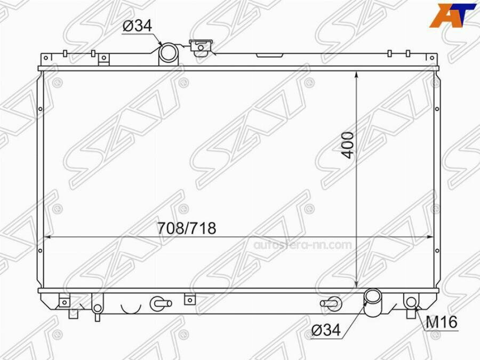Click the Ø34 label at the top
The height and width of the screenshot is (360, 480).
coord(137,26)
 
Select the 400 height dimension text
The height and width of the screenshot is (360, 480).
coord(347,145)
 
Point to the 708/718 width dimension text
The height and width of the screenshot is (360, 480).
coord(187,228)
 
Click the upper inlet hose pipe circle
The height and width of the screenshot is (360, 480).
coord(169,53)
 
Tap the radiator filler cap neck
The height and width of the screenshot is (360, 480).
coord(201,48)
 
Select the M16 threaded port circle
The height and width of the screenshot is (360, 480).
coord(411,302)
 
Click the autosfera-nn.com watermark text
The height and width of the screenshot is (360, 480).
coord(303,245)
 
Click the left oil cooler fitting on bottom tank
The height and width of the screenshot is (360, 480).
coord(159,304)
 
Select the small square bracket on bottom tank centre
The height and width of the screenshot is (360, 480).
coord(188,300)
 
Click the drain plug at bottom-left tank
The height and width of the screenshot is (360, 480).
coord(97,308)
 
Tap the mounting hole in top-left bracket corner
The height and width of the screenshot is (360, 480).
coord(46,57)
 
